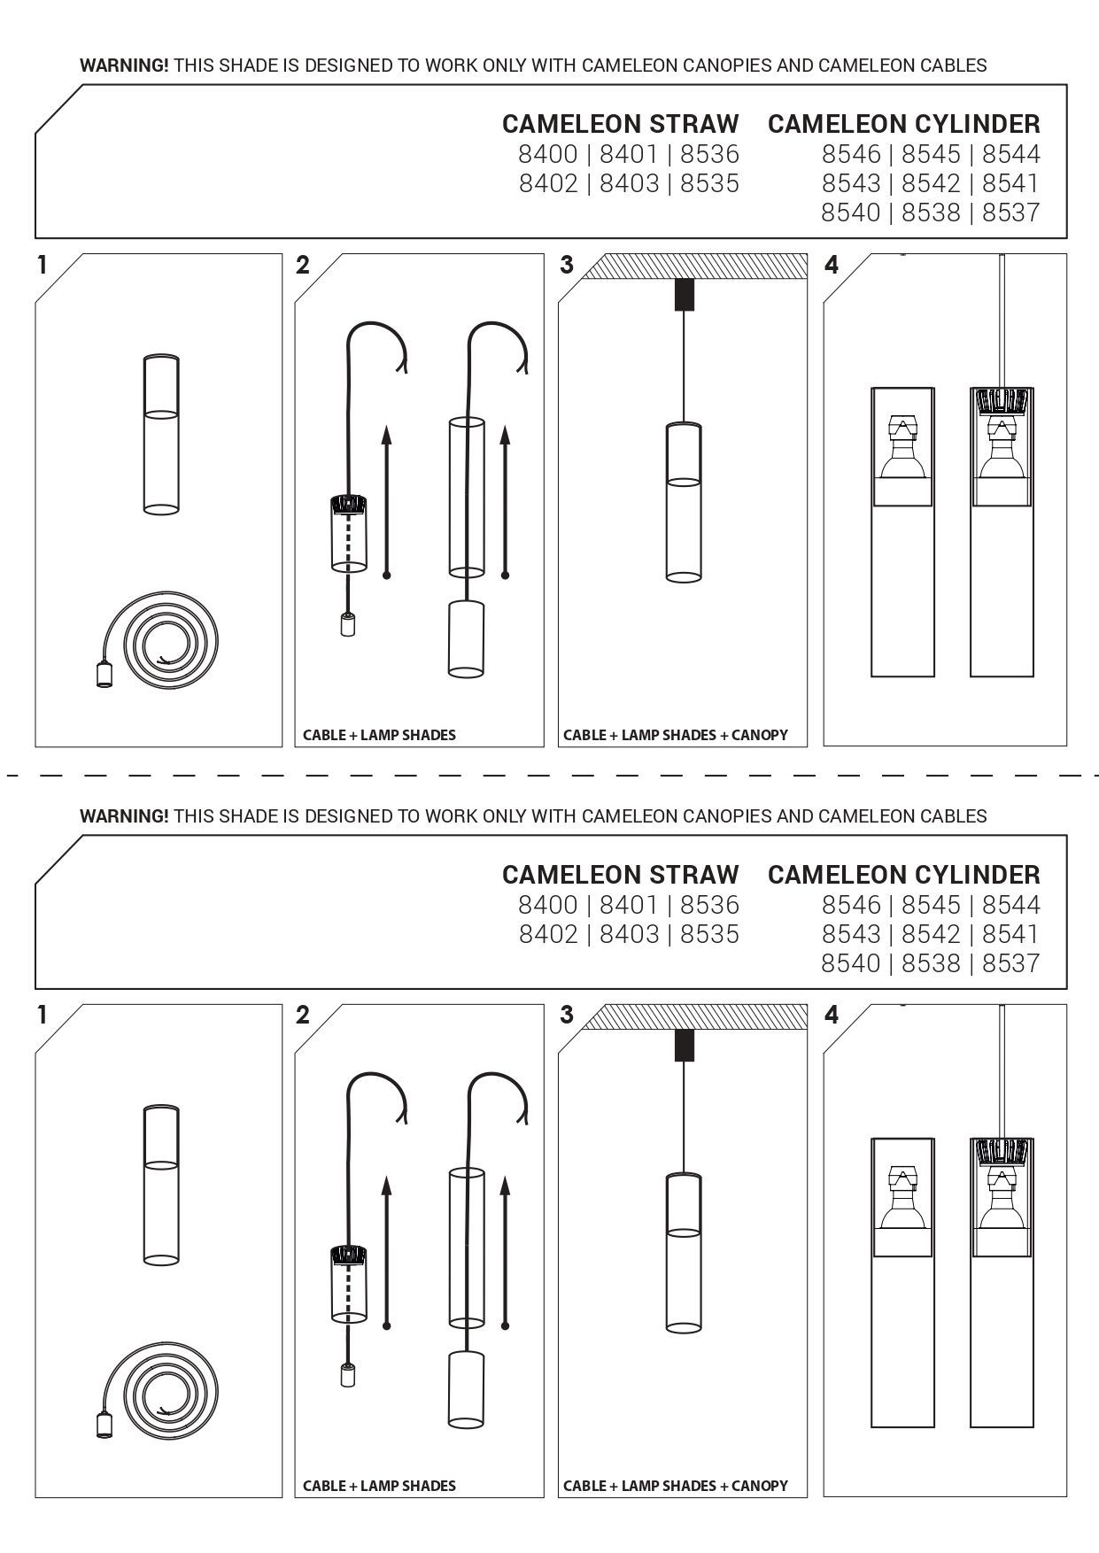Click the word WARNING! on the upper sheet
124,66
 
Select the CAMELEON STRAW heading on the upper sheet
620,124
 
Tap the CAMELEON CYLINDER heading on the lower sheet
903,875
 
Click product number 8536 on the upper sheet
709,154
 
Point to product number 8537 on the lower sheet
1011,963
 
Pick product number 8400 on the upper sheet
548,154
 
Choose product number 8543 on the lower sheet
851,934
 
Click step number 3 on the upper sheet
567,265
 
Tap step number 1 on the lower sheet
41,1016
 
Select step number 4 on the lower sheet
831,1016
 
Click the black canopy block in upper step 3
684,295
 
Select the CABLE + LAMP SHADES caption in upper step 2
379,735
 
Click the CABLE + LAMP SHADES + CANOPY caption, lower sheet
675,1486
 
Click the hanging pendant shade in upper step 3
684,502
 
